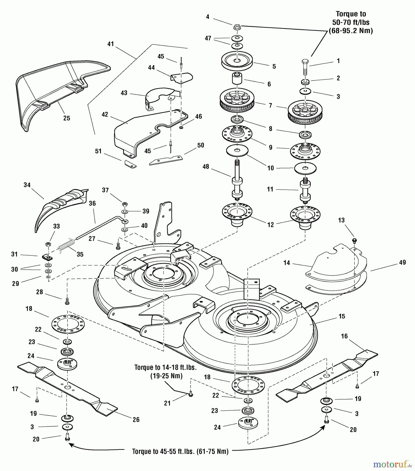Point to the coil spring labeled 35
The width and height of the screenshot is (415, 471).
66,245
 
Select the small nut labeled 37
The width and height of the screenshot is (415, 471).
125,204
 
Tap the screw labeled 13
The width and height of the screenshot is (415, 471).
355,240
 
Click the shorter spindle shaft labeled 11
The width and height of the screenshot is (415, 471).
305,190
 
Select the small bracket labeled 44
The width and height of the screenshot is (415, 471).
182,77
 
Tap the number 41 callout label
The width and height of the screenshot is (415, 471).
111,44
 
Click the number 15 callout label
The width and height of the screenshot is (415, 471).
342,316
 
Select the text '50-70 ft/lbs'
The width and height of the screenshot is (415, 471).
351,22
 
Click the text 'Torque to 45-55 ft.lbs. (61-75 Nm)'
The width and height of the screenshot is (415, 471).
180,452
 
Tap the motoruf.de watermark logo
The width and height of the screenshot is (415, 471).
392,464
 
